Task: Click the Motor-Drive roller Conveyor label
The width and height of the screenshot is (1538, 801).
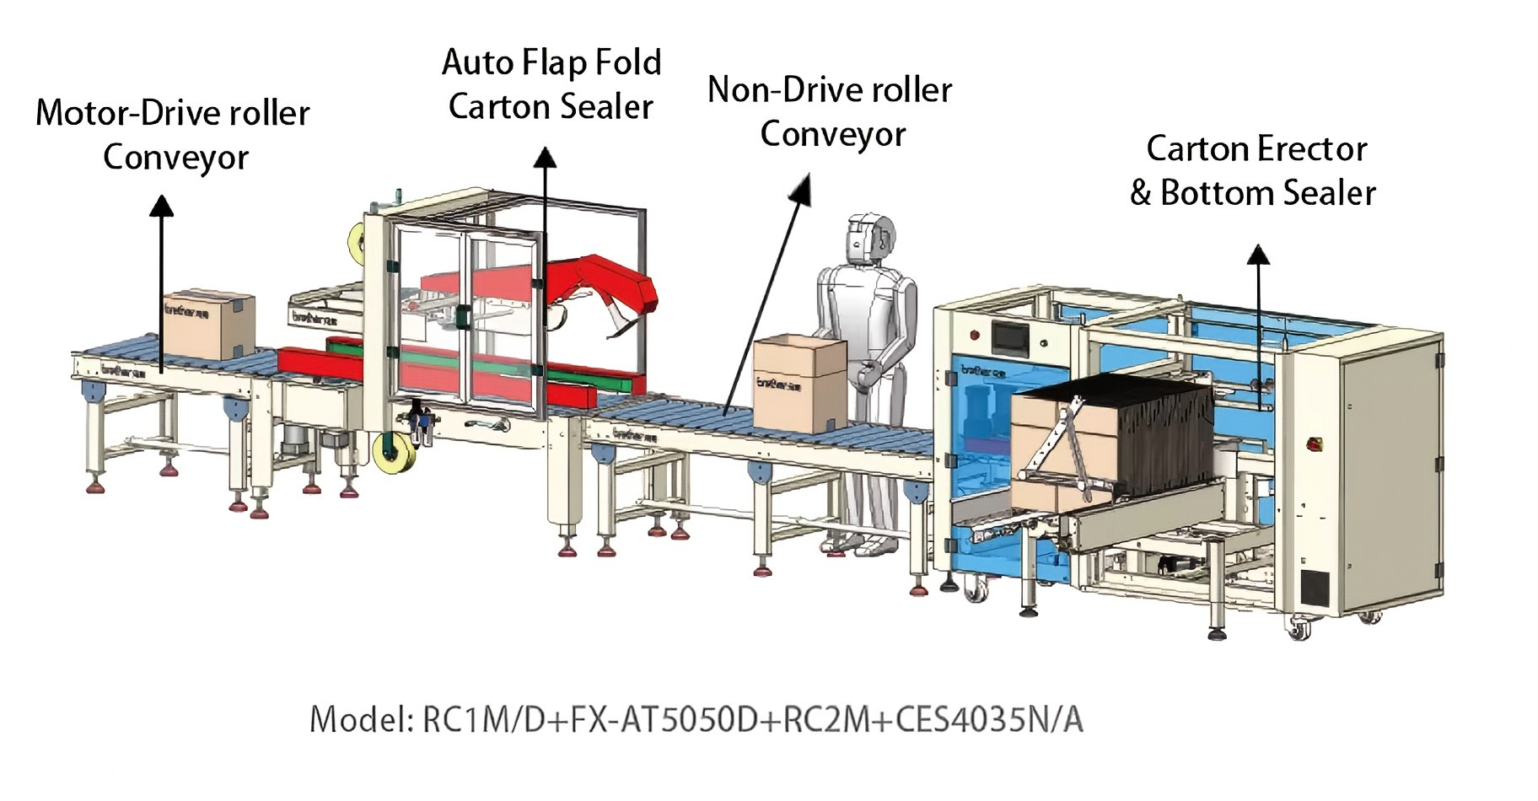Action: pos(173,135)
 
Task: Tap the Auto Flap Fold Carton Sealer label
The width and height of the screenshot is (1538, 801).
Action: pos(551,84)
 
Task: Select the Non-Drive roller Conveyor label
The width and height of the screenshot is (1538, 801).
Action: pos(831,111)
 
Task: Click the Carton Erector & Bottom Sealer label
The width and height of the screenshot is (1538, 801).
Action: pos(1254,170)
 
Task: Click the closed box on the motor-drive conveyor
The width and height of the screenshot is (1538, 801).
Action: pos(208,325)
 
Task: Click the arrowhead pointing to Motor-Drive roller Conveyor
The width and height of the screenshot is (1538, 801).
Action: pos(162,205)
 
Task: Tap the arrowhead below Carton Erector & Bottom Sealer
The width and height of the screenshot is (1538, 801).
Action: pos(1258,254)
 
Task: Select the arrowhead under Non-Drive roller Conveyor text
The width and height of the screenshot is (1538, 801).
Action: pos(802,189)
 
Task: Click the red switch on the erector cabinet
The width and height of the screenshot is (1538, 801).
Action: pos(1313,444)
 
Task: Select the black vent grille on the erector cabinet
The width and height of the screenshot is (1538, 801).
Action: pos(1314,589)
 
